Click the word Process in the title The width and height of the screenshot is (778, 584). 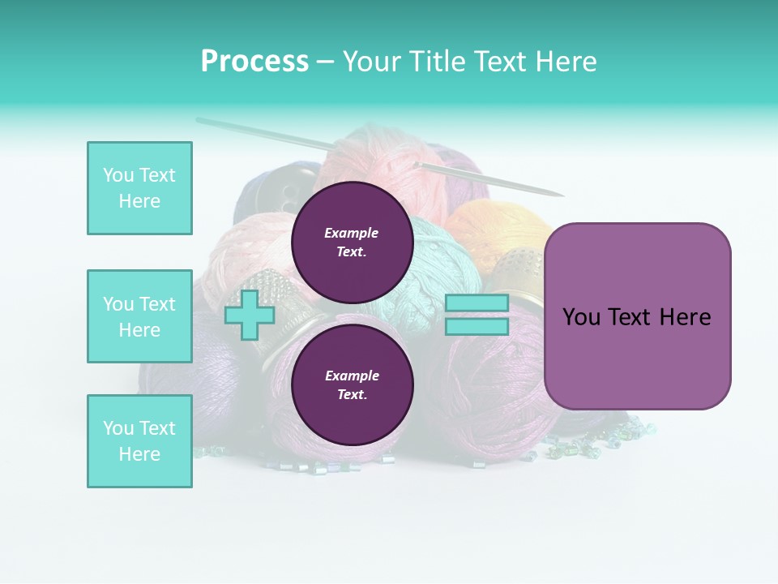tap(254, 62)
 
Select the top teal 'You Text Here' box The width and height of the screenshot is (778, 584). tap(139, 188)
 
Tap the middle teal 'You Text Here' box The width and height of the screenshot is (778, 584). tap(139, 316)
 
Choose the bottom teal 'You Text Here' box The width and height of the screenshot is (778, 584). tap(139, 441)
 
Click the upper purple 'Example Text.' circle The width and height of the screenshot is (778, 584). tap(352, 242)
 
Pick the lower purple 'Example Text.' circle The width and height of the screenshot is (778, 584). tap(352, 384)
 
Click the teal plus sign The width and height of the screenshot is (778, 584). tap(249, 316)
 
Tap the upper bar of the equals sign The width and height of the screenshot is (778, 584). tap(477, 303)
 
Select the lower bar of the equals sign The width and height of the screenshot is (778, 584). tap(477, 327)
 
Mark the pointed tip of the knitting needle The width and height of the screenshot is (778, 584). tap(561, 195)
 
